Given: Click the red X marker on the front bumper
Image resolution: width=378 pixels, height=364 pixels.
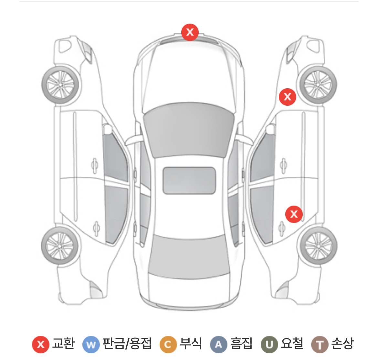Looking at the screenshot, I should click(190, 32).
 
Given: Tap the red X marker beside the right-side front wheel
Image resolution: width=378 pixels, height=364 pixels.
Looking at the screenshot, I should click(287, 97).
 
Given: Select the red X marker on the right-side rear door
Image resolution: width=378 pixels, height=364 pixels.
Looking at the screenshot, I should click(294, 214).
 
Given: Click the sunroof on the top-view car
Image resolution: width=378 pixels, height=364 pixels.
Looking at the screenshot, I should click(189, 180).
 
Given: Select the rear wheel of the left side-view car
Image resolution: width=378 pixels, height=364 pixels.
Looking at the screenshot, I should click(60, 246).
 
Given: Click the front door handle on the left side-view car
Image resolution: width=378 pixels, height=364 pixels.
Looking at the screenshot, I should click(95, 165).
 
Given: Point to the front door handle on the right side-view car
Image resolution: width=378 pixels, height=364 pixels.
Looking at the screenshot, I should click(283, 165).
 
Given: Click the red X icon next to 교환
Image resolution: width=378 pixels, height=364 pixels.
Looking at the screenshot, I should click(40, 344).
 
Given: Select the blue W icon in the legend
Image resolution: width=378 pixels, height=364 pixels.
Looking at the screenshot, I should click(91, 345).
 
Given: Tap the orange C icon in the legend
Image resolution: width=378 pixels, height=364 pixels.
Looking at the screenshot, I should click(168, 345).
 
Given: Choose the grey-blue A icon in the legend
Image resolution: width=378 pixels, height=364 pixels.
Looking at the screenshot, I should click(218, 345).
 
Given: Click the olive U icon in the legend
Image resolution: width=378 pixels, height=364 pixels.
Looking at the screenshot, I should click(269, 345).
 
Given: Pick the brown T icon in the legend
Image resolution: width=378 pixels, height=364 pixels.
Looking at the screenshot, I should click(320, 345).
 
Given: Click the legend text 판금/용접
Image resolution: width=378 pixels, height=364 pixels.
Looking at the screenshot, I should click(127, 343).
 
